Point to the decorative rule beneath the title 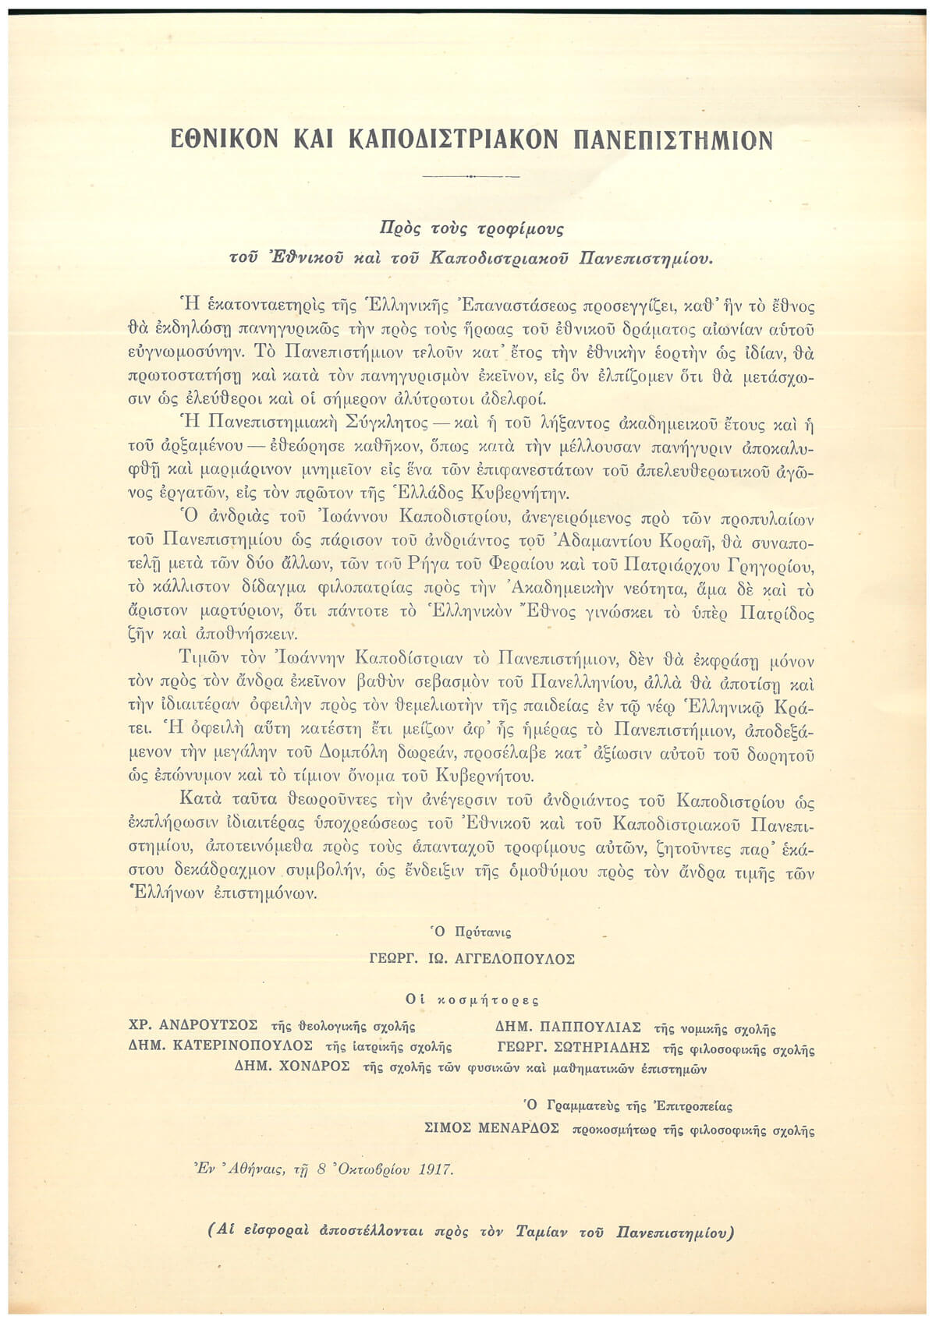coord(470,177)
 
